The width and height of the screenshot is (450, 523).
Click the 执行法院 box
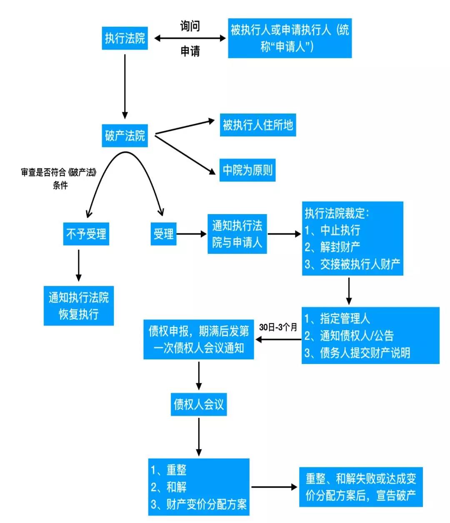[x=125, y=38]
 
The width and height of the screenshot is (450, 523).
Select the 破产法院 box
[x=125, y=136]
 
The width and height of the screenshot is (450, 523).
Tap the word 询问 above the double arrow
[x=190, y=26]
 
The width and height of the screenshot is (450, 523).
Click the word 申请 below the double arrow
[x=190, y=51]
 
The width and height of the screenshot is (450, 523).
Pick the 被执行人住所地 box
[x=257, y=125]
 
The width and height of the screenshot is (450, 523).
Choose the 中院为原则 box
[x=247, y=170]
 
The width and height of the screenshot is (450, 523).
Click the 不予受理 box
[x=86, y=234]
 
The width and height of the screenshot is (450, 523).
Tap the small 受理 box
[x=163, y=234]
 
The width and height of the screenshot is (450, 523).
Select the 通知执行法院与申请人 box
[x=237, y=234]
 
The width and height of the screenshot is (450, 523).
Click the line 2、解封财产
[x=332, y=247]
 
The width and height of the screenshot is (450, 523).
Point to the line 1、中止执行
[x=332, y=230]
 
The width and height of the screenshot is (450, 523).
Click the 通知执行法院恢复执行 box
[x=79, y=306]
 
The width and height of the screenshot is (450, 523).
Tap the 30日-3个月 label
[x=278, y=327]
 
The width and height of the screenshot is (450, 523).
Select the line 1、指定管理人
[x=337, y=318]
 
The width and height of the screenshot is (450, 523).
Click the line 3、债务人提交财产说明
[x=357, y=353]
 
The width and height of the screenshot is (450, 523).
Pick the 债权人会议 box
[x=199, y=404]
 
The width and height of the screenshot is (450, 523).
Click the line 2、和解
[x=169, y=487]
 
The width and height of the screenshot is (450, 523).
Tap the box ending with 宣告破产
[x=361, y=487]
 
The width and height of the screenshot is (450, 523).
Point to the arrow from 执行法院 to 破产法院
[x=125, y=86]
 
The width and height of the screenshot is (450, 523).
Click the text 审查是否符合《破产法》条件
[x=59, y=178]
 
